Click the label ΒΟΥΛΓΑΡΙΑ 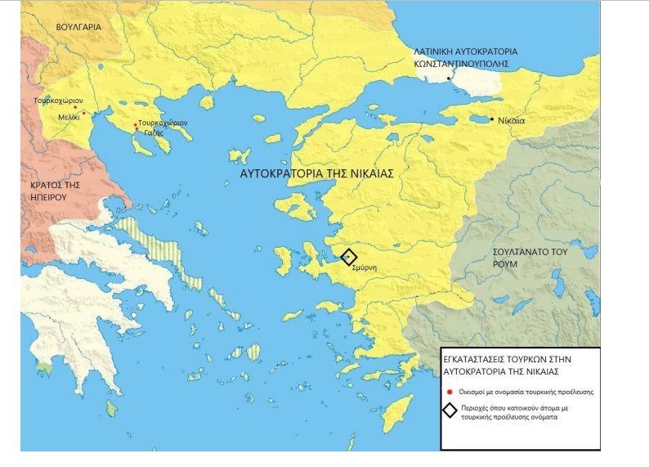click(x=78, y=27)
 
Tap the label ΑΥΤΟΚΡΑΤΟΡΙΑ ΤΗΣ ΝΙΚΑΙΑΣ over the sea click(x=317, y=174)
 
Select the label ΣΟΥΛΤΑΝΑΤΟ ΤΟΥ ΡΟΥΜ click(x=530, y=258)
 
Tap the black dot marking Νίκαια click(x=491, y=119)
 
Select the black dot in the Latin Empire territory click(x=449, y=79)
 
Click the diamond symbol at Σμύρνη click(x=349, y=257)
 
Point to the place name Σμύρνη click(x=364, y=267)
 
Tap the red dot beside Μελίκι click(x=83, y=113)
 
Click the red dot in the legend click(x=450, y=392)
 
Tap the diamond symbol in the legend click(x=450, y=411)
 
